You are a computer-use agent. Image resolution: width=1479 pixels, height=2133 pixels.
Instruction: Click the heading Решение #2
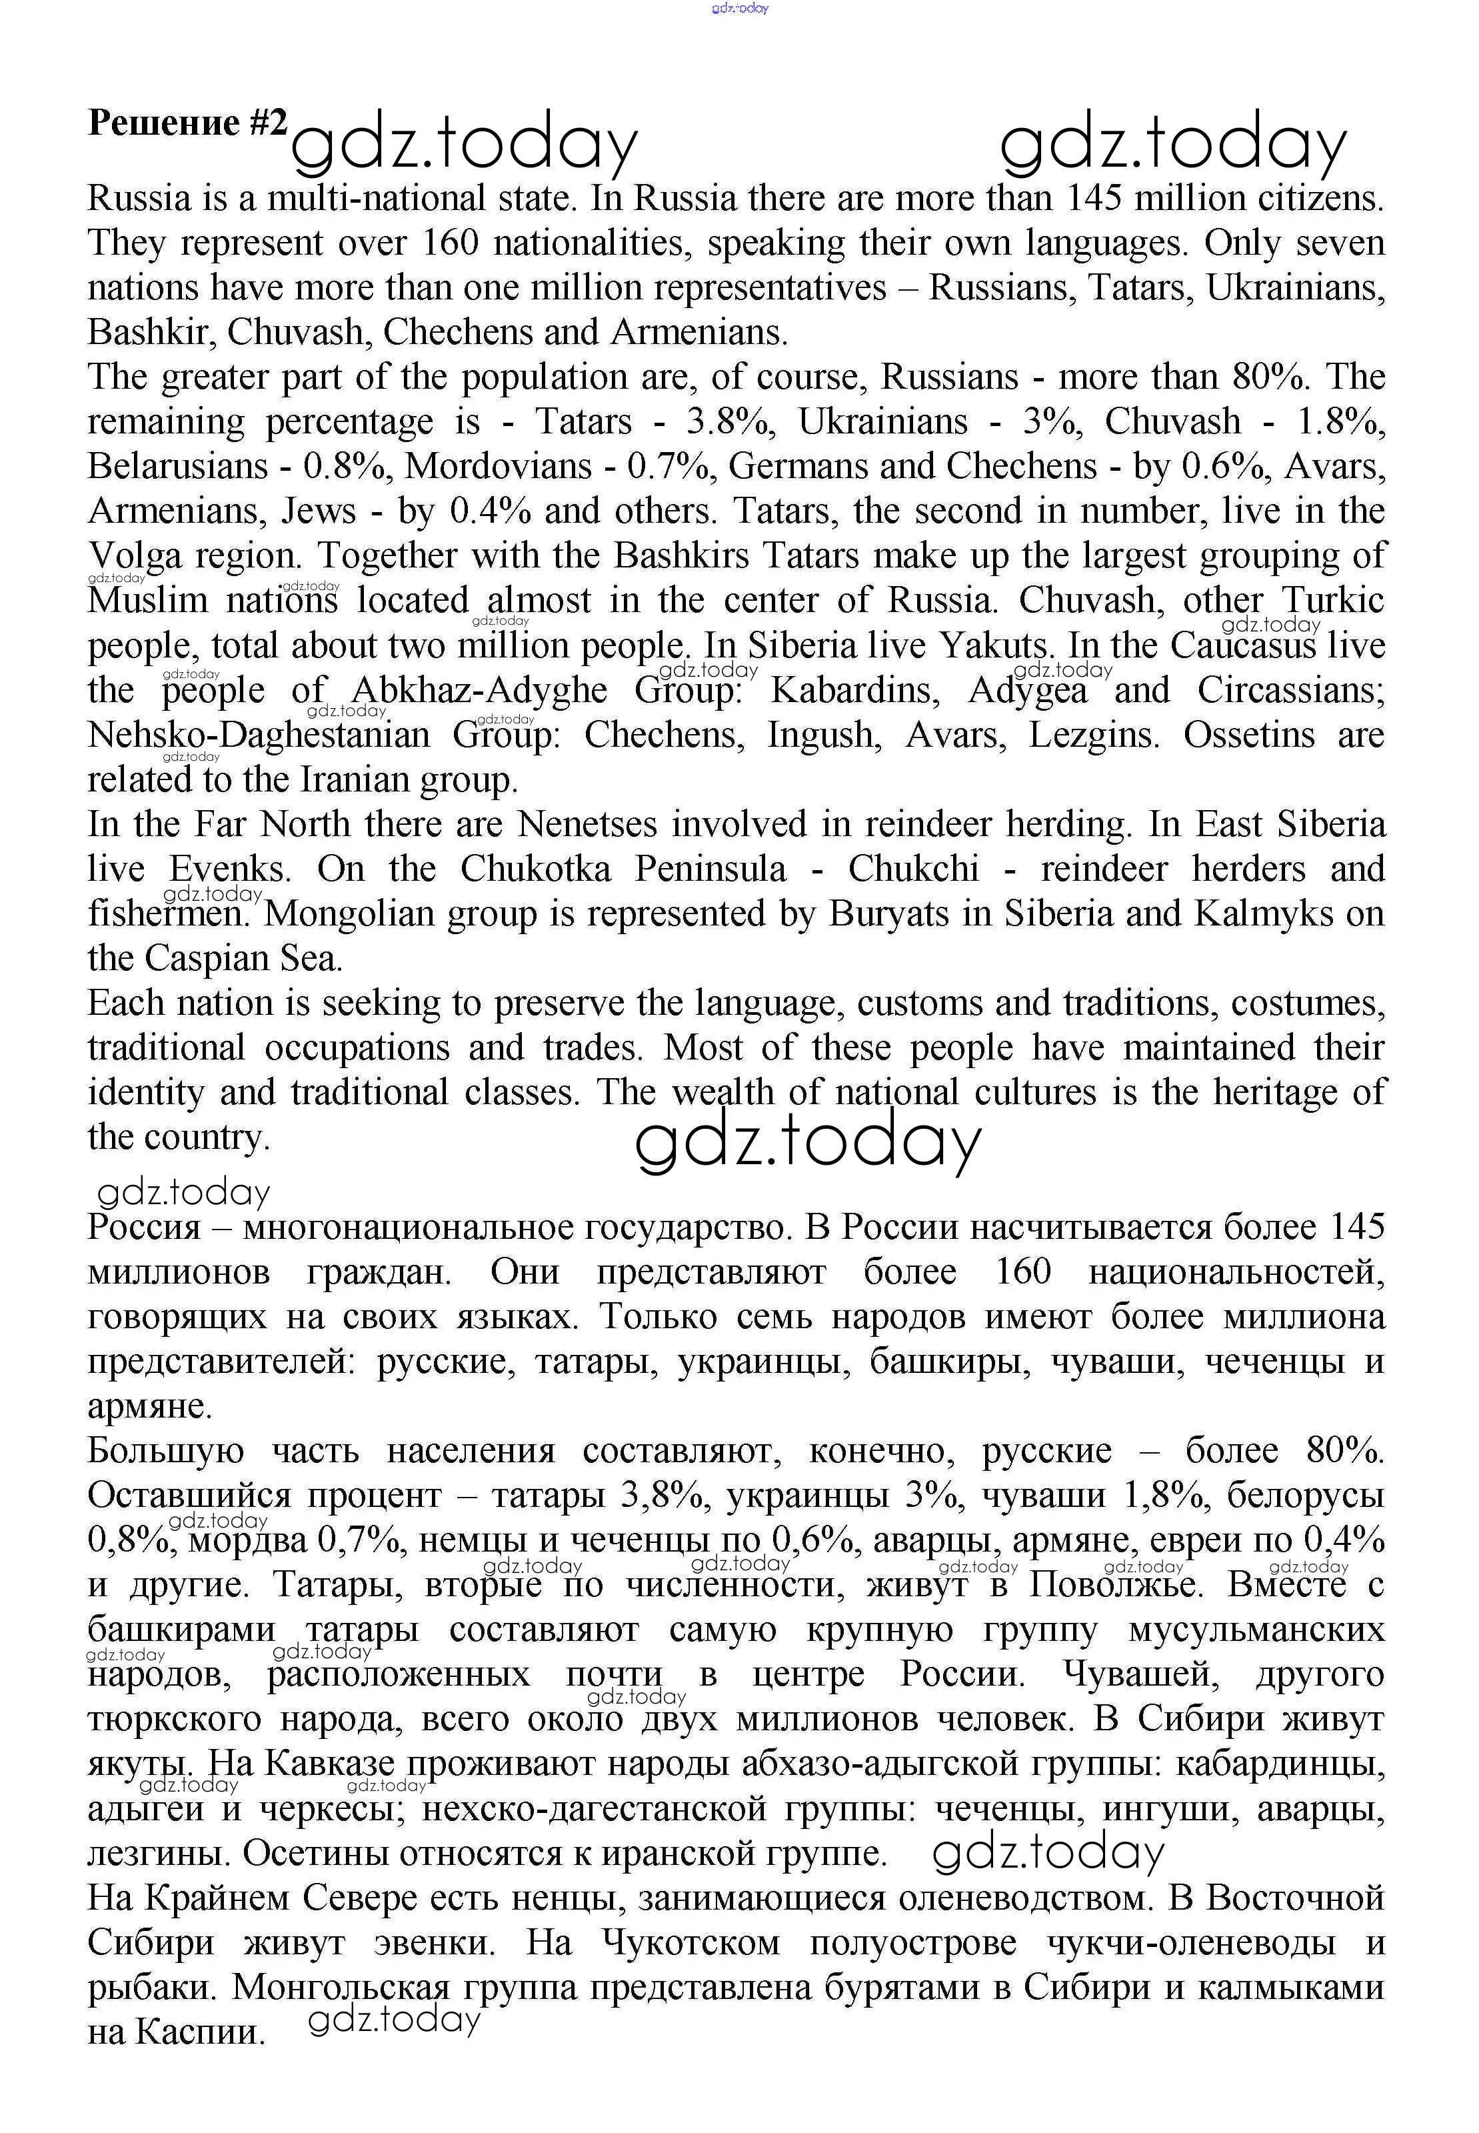click(x=187, y=123)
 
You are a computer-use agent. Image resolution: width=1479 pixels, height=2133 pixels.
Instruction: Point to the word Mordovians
click(x=498, y=465)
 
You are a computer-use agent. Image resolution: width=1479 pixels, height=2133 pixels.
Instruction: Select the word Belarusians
click(x=178, y=465)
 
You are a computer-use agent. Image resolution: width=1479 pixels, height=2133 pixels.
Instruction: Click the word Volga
click(x=135, y=556)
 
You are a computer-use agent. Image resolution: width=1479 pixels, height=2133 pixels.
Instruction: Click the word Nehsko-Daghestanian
click(x=259, y=735)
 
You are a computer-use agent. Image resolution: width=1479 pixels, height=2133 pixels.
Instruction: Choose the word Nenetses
click(x=587, y=824)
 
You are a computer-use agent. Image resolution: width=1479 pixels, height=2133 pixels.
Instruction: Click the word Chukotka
click(x=536, y=869)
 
